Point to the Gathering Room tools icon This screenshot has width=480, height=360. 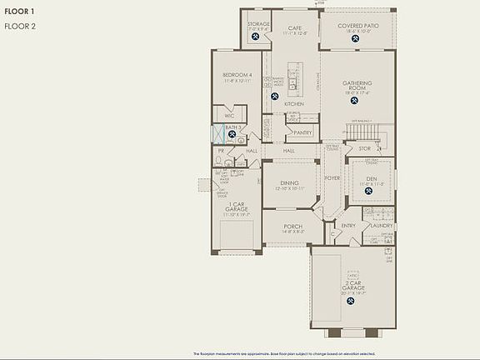coord(357,106)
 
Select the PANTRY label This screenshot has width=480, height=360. coord(302,132)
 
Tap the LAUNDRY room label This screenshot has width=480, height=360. coord(382,225)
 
